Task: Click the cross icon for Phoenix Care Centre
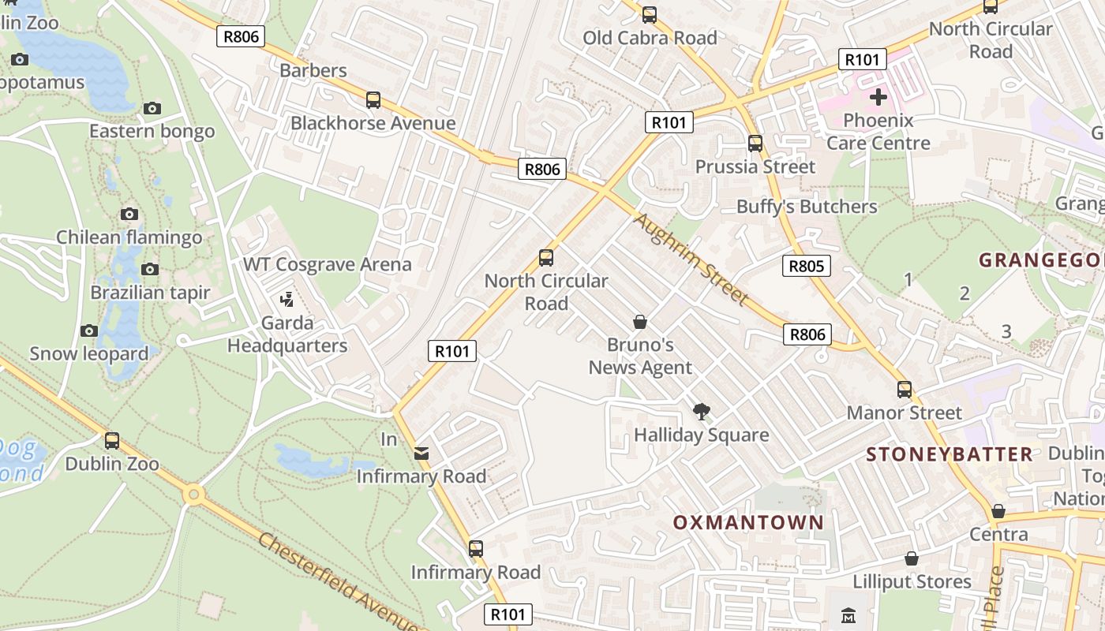point(878,97)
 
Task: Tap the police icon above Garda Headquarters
point(287,299)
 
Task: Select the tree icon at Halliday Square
point(700,411)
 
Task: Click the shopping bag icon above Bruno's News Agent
point(640,322)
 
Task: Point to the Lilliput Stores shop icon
point(912,558)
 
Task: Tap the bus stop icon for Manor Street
point(904,389)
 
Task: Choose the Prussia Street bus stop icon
point(755,143)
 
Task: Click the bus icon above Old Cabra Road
point(649,14)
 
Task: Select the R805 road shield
point(807,266)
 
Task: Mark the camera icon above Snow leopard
point(88,330)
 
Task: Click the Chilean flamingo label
point(129,237)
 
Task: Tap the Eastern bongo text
point(152,131)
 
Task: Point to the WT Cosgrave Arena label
point(327,264)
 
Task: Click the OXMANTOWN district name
point(747,522)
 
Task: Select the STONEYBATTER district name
point(949,454)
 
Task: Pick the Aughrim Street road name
point(691,259)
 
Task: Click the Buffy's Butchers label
point(806,207)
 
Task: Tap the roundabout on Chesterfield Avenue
point(193,495)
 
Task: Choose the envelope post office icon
point(421,453)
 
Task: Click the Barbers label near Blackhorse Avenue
point(313,70)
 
